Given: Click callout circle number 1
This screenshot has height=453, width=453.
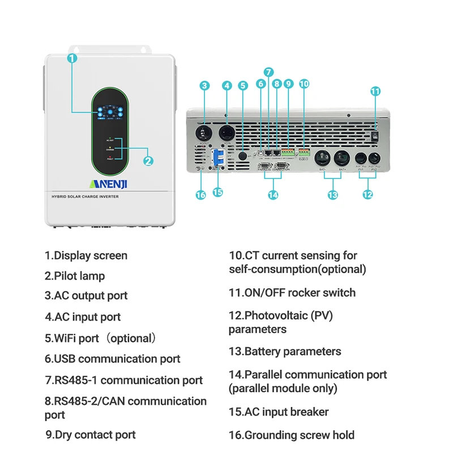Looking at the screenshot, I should (72, 58).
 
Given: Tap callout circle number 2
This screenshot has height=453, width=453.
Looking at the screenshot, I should (148, 161).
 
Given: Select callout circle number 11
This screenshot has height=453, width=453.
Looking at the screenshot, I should (375, 91).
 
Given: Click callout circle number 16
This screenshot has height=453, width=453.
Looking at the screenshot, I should (200, 194).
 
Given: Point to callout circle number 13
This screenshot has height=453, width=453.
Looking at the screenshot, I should (332, 194).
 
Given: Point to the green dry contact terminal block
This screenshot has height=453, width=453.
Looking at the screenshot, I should (288, 152).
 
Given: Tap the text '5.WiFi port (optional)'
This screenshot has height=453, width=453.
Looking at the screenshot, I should (101, 338).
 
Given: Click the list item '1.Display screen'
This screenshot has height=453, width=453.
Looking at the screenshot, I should (86, 255).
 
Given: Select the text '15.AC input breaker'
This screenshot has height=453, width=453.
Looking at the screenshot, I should (279, 412).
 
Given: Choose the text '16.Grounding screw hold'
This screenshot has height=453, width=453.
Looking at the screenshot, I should (292, 435).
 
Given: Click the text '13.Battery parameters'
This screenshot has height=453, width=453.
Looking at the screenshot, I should (285, 351).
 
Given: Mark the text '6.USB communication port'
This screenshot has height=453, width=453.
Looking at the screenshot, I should (113, 358).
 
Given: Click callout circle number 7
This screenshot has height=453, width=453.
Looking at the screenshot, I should (268, 72).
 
